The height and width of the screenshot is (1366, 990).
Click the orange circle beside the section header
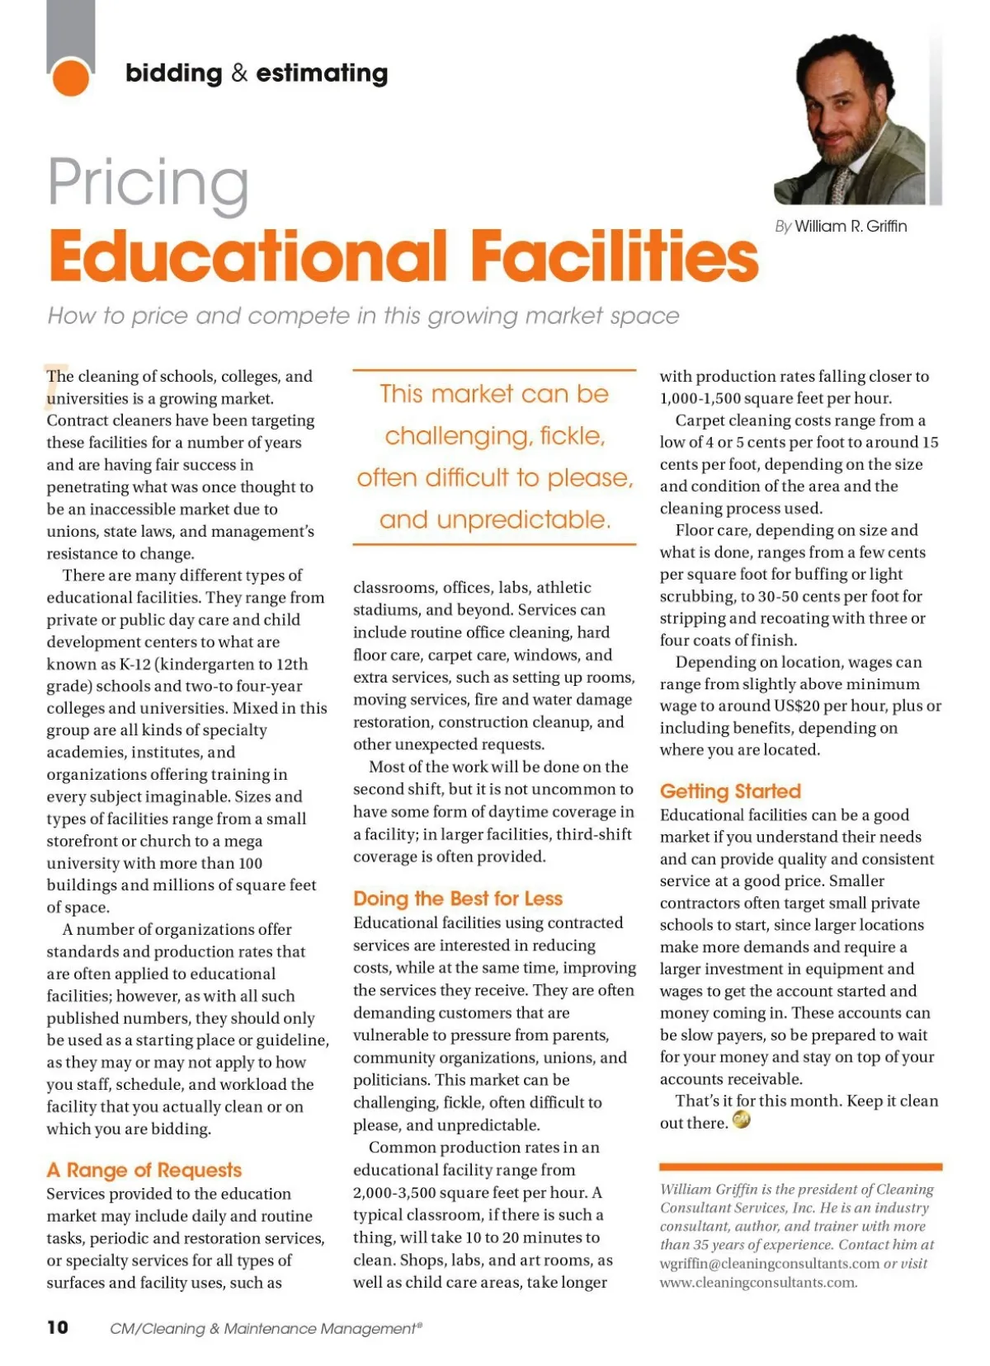point(70,77)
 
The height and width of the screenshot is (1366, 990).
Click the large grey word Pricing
point(148,183)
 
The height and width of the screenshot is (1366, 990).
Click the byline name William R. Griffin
point(851,227)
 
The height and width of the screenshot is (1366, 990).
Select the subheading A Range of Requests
point(144,1170)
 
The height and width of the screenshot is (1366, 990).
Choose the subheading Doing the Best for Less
point(458,899)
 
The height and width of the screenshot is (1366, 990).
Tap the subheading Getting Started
point(730,791)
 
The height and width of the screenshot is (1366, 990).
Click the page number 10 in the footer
point(58,1327)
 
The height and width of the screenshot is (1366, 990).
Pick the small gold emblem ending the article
point(741,1120)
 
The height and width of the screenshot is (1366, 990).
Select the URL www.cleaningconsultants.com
point(757,1283)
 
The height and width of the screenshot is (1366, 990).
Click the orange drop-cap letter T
point(54,384)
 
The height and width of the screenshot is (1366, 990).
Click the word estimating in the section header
point(322,73)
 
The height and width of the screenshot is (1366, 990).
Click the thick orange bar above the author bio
point(800,1166)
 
